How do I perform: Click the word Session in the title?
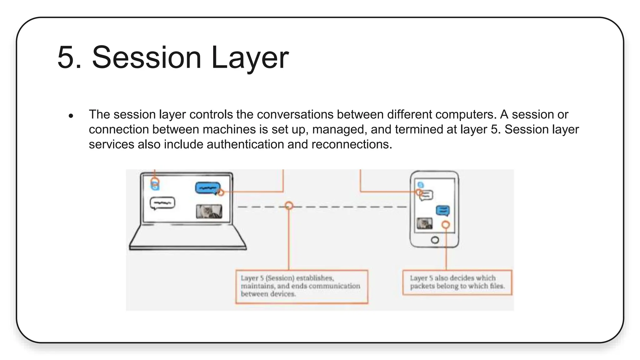pyautogui.click(x=146, y=58)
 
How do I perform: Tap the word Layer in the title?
pyautogui.click(x=249, y=58)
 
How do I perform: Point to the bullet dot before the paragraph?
pyautogui.click(x=71, y=116)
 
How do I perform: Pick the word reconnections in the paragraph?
pyautogui.click(x=351, y=144)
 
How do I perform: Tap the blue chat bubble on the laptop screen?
pyautogui.click(x=207, y=188)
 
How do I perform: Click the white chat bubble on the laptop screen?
pyautogui.click(x=162, y=203)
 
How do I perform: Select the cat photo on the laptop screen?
pyautogui.click(x=209, y=212)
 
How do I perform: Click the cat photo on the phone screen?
pyautogui.click(x=424, y=223)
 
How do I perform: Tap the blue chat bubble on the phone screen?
pyautogui.click(x=442, y=211)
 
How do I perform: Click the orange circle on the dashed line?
pyautogui.click(x=289, y=206)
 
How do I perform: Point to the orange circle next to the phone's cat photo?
pyautogui.click(x=446, y=225)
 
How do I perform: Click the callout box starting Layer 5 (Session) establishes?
pyautogui.click(x=302, y=286)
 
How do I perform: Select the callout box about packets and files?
pyautogui.click(x=457, y=282)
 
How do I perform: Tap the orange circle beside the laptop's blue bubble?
pyautogui.click(x=221, y=193)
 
